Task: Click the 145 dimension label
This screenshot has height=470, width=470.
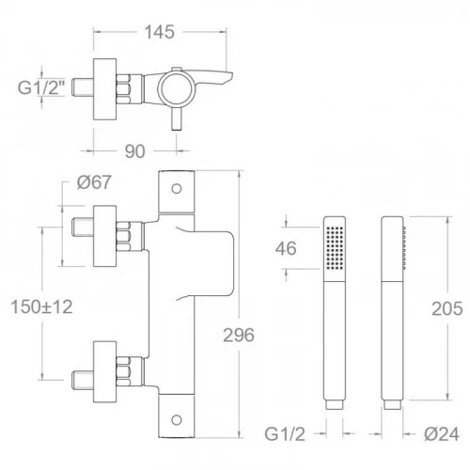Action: (159, 32)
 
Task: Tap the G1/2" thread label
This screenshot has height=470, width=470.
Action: (41, 87)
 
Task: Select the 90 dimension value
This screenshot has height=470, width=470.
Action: (134, 151)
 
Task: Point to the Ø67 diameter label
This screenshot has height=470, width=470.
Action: (94, 182)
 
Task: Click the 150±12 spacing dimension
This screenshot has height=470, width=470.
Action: (41, 306)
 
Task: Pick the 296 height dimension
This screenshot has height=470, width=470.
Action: (239, 335)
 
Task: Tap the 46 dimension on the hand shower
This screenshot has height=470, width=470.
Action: (286, 248)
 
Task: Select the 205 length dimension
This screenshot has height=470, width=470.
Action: (447, 308)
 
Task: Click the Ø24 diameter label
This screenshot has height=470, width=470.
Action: (442, 434)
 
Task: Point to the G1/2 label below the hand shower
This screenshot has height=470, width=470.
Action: (285, 434)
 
